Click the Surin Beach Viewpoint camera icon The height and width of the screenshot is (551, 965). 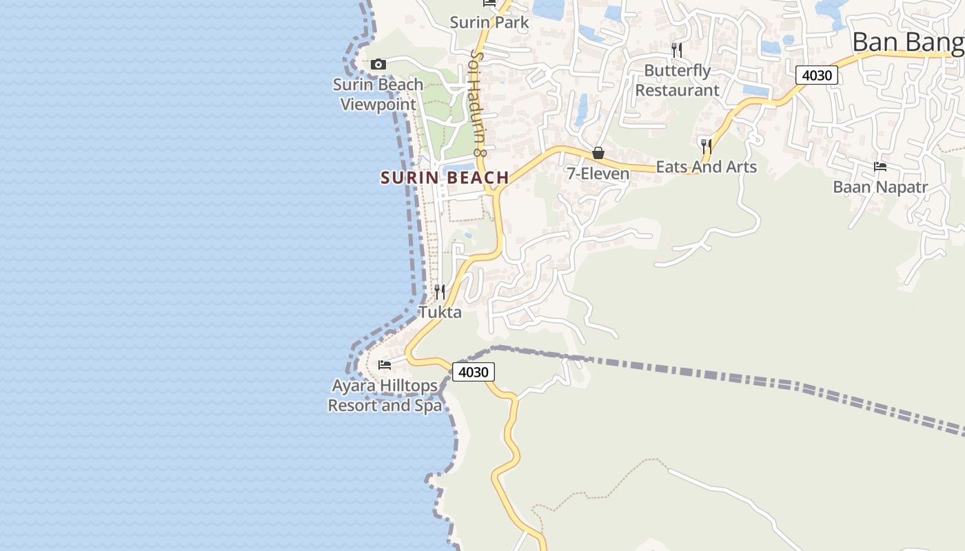[x=378, y=64]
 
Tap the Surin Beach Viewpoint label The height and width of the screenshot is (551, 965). [x=378, y=94]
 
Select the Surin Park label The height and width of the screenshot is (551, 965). [x=489, y=22]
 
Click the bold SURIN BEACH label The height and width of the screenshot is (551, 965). [x=445, y=178]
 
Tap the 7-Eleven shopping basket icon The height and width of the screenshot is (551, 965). [x=598, y=153]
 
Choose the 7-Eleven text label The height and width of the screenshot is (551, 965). [x=598, y=174]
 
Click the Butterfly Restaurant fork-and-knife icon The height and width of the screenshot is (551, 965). [x=677, y=50]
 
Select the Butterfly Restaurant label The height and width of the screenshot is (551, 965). [x=677, y=80]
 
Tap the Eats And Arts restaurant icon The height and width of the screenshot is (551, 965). [x=707, y=146]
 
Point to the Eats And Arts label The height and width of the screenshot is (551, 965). [x=706, y=167]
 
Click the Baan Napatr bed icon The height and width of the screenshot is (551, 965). [x=880, y=166]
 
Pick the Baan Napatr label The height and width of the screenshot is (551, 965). [x=880, y=187]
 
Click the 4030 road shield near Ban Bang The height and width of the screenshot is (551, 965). [x=817, y=75]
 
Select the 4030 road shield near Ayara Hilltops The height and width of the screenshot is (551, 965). [x=474, y=372]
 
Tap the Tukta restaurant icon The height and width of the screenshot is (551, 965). [x=440, y=292]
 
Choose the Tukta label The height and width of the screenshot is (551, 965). [x=440, y=312]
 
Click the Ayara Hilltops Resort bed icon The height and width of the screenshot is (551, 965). [x=385, y=364]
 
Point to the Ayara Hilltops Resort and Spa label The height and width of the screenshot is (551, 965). [x=385, y=395]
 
